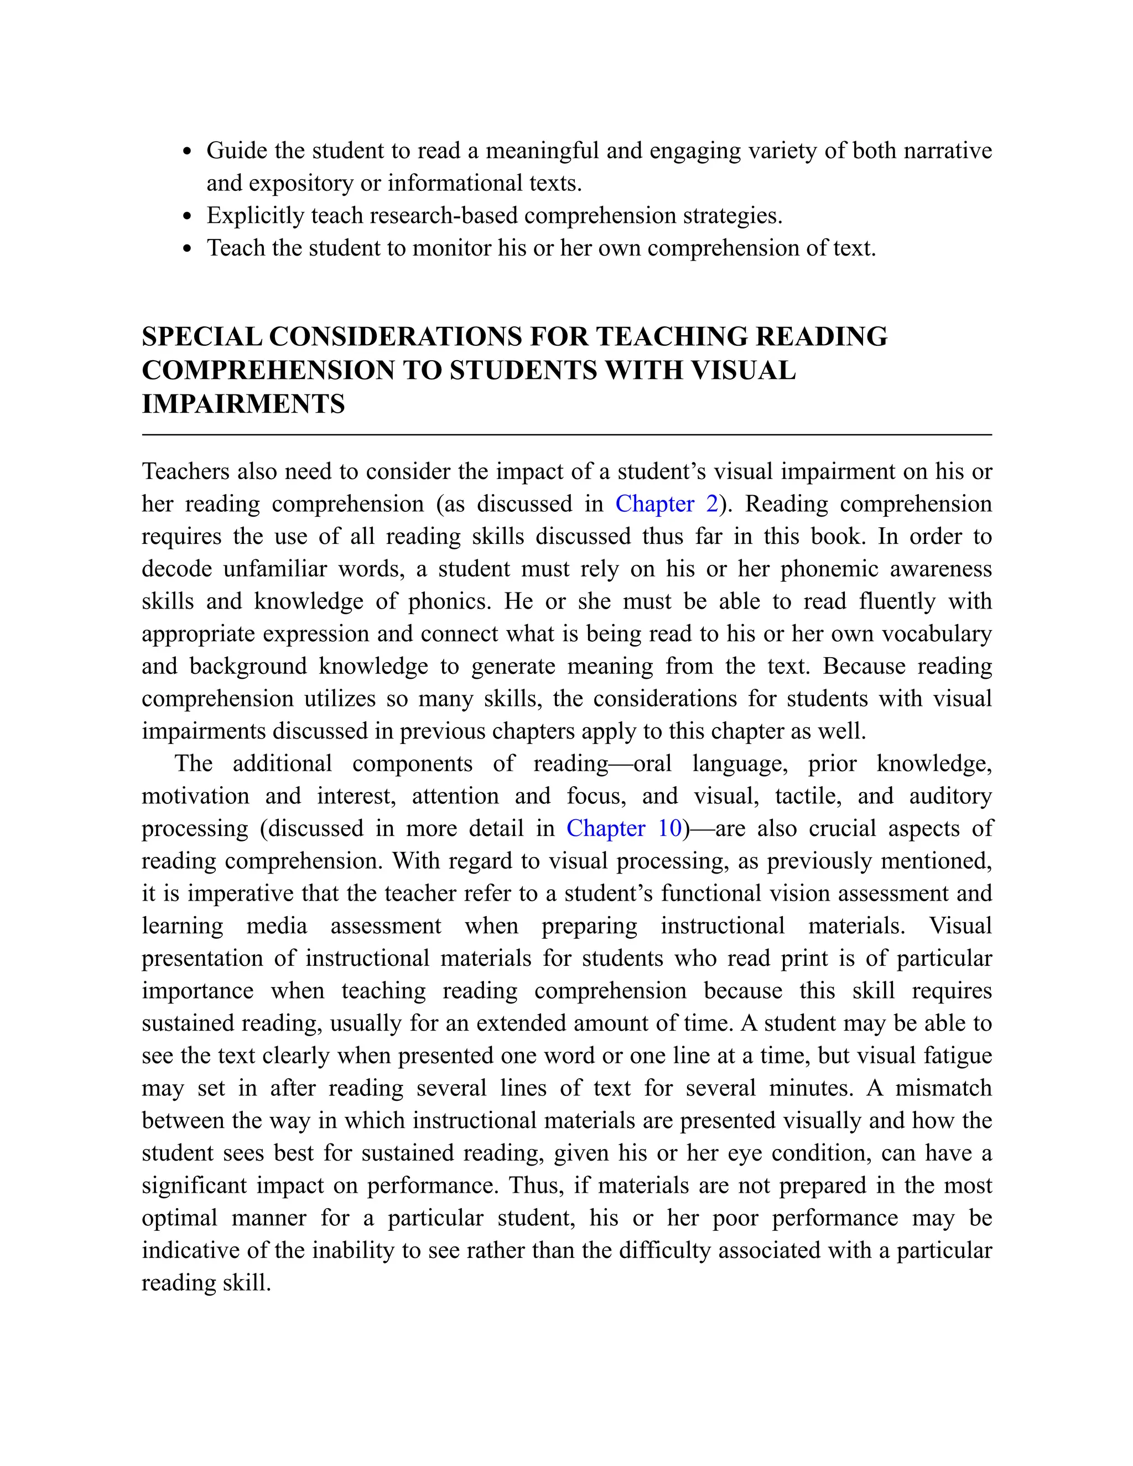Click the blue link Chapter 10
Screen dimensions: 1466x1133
623,828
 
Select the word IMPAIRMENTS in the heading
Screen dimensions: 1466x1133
243,404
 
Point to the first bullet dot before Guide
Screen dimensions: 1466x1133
188,152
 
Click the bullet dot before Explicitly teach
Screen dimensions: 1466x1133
188,217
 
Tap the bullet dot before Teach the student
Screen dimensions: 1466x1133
188,249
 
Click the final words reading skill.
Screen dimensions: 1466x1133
206,1283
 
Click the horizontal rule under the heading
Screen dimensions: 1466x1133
566,435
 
